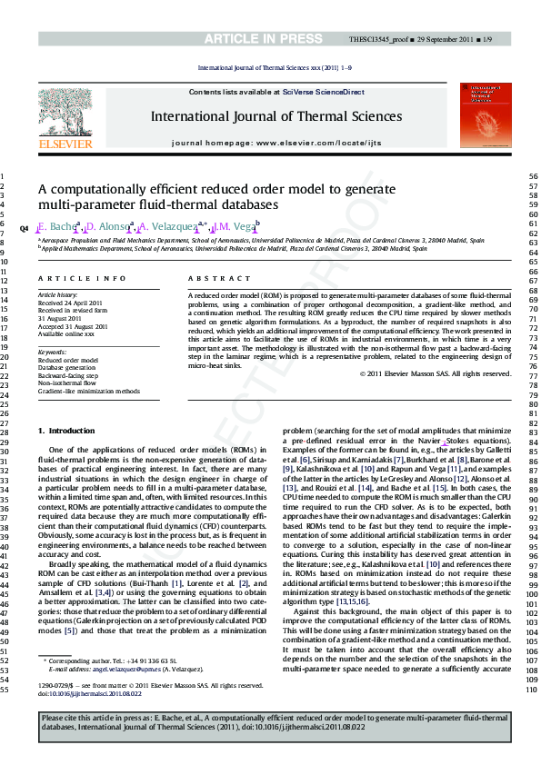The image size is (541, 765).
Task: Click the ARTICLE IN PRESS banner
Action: coord(270,39)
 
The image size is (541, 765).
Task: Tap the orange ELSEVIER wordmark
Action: coord(65,144)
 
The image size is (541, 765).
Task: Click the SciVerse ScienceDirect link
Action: coord(323,92)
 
